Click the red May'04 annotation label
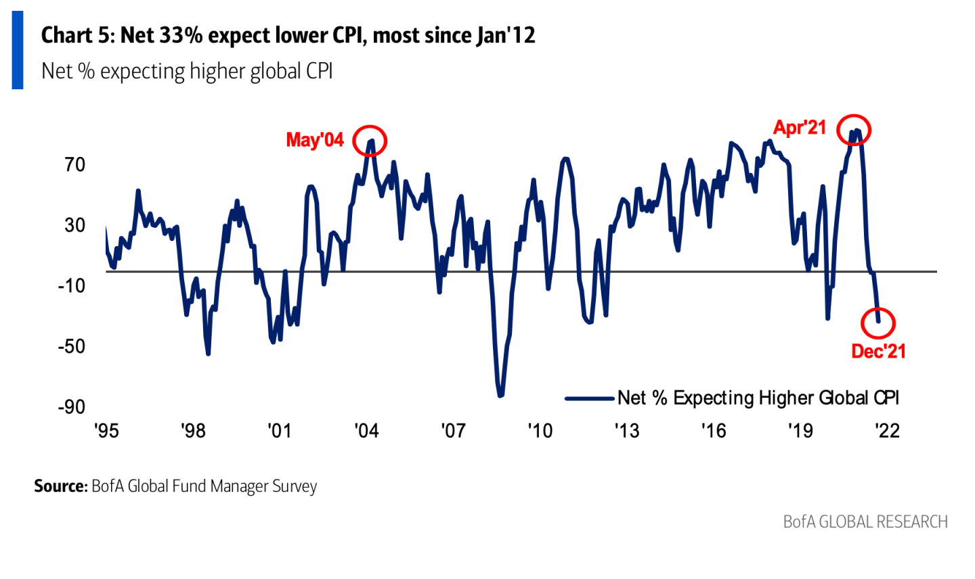click(315, 140)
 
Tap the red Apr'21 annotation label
click(800, 128)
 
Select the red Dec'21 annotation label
click(878, 351)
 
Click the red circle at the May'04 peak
click(370, 141)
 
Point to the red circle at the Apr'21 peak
click(854, 130)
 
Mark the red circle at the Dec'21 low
click(878, 323)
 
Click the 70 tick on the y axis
click(75, 164)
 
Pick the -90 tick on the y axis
click(71, 407)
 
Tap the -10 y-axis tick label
click(71, 285)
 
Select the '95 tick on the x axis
click(106, 431)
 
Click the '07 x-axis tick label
click(453, 431)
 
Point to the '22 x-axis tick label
click(887, 431)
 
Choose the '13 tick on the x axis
click(626, 431)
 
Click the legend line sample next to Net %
click(589, 398)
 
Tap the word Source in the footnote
click(61, 486)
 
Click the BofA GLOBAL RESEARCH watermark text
click(865, 522)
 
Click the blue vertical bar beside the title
click(18, 50)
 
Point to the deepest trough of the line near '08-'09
click(500, 395)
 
